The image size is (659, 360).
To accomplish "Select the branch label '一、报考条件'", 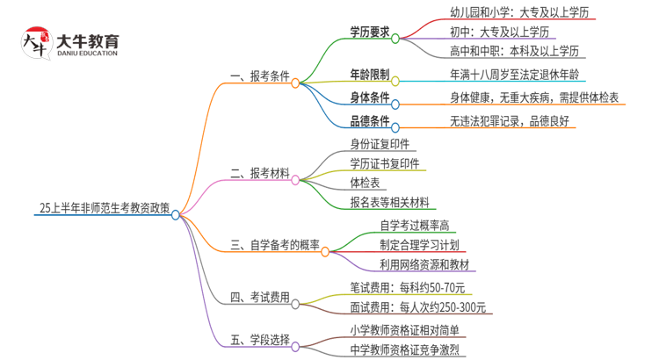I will click(x=259, y=77).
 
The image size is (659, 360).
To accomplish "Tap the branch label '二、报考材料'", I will click(x=259, y=174).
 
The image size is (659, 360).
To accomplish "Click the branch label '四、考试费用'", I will click(x=259, y=299).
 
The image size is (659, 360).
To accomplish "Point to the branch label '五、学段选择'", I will click(x=259, y=339).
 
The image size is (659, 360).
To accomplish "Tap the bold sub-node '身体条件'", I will click(x=369, y=97).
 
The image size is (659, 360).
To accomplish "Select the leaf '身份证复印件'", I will click(x=380, y=143).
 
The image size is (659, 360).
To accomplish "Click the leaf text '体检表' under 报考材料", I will click(x=364, y=183).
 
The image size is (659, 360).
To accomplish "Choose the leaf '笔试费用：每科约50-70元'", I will click(x=409, y=286).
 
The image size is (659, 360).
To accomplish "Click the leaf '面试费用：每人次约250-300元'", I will click(x=417, y=307).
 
